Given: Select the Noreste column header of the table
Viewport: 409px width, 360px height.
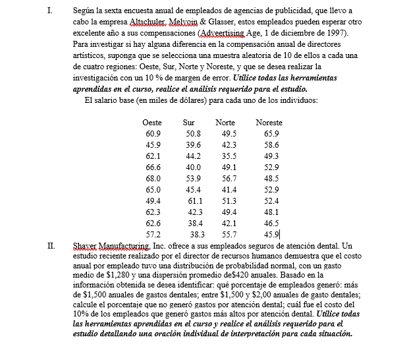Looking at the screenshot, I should point(269,123).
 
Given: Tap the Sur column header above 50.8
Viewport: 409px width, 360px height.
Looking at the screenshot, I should point(188,123).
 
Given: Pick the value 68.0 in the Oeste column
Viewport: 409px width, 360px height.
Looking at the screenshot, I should point(153,178).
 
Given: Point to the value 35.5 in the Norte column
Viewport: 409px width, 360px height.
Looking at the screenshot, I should point(229,156).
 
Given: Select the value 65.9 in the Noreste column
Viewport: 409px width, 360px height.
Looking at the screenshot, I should point(271,134).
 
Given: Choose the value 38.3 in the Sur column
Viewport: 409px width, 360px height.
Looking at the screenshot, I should point(197,234).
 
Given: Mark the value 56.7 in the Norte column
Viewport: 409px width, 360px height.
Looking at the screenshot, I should point(229,178).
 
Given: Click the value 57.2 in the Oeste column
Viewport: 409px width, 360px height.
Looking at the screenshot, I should point(153,234).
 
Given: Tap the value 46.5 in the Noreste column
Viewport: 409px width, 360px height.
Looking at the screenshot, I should point(271,223).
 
